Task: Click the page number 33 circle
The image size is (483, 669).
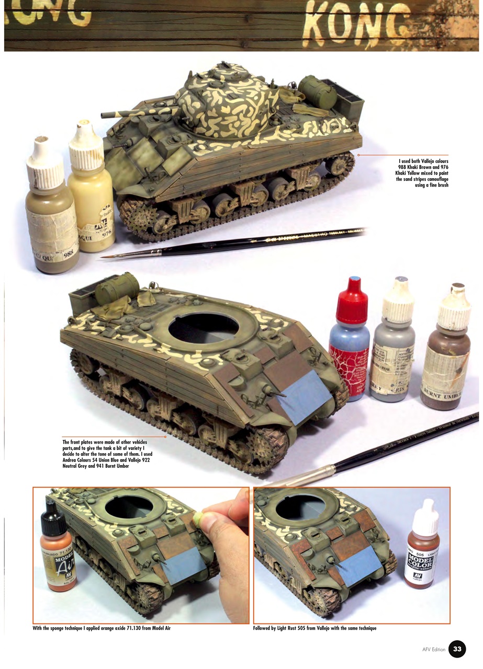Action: [x=457, y=649]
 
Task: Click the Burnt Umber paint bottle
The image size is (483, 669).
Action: [x=445, y=355]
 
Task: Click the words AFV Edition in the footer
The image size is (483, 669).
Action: [x=434, y=650]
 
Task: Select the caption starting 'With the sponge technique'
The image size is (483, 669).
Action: [x=102, y=628]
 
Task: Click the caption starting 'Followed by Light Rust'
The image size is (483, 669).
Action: [x=314, y=628]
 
